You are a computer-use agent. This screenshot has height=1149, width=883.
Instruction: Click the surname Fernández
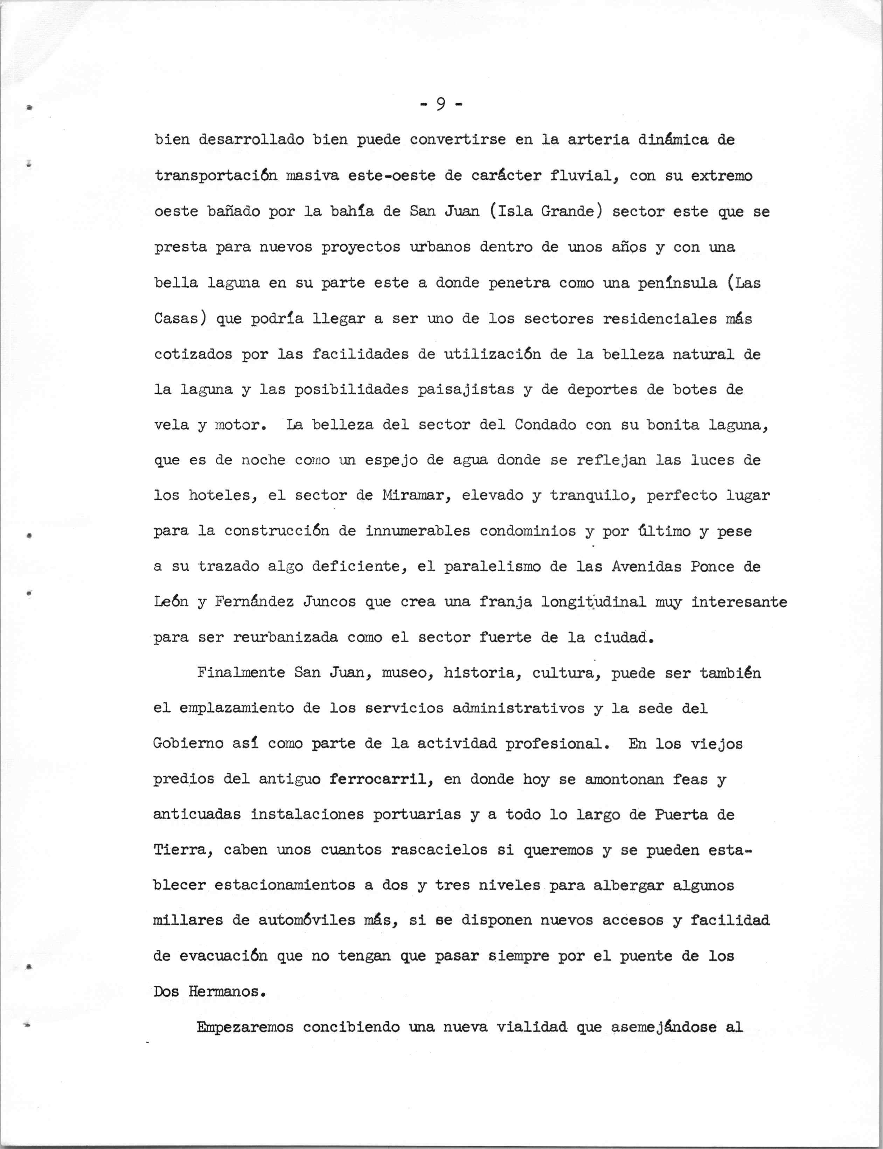(254, 602)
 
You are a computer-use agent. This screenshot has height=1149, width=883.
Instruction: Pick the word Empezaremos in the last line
(244, 1027)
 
